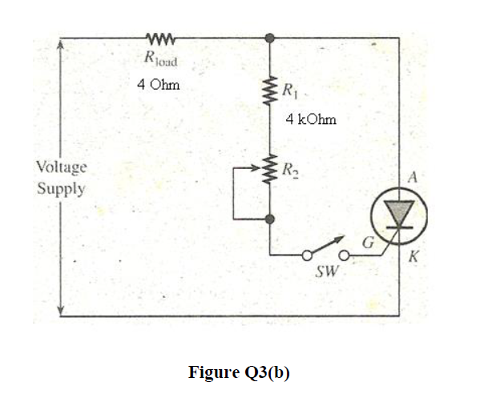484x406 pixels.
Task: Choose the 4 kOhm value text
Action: [311, 119]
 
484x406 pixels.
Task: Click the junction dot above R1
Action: [271, 37]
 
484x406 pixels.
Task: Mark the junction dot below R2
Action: [271, 218]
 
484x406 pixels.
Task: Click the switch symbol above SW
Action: [324, 251]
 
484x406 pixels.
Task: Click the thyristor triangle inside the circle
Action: [398, 211]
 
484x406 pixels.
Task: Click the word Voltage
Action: [61, 167]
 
